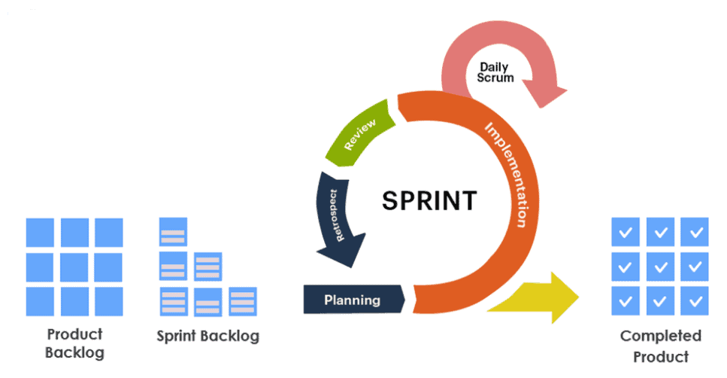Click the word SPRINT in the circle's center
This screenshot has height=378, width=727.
coord(429,201)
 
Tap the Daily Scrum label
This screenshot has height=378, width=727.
coord(495,73)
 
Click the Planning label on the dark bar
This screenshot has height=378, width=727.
coord(352,300)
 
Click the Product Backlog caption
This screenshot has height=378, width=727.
coord(74,343)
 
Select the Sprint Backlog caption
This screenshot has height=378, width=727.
coord(207,336)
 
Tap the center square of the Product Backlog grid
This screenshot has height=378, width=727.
coord(74,267)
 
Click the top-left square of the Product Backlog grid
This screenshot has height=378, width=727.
coord(40,232)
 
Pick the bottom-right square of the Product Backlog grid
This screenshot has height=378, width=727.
coord(109,301)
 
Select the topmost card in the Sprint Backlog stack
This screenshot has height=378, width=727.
coord(172,232)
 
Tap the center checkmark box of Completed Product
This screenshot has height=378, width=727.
coord(659,267)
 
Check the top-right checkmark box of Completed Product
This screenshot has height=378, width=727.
coord(694,233)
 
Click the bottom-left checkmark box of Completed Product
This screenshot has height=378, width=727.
coord(625,301)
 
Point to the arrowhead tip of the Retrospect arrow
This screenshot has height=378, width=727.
coord(344,264)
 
